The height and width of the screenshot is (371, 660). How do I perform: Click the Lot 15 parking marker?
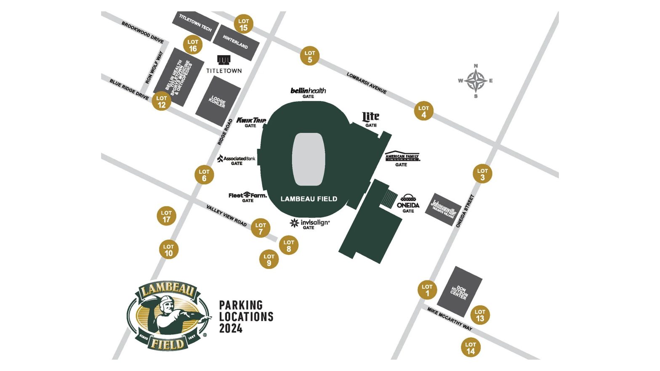[x=244, y=24]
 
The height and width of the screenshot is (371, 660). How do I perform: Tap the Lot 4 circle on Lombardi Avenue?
[x=423, y=111]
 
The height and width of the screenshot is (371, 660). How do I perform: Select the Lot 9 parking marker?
[x=269, y=260]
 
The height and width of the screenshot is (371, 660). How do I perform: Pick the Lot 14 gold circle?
[x=470, y=348]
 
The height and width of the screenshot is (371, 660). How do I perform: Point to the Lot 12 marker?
[x=162, y=101]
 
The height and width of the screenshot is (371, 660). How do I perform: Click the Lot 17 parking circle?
[x=166, y=216]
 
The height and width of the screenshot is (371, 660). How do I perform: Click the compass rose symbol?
[x=476, y=81]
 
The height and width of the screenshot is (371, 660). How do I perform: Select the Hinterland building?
[x=236, y=42]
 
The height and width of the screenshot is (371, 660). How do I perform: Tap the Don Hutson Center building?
[x=459, y=291]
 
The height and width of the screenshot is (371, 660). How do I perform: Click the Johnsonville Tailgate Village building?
[x=443, y=209]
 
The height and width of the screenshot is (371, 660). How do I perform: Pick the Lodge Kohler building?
[x=218, y=101]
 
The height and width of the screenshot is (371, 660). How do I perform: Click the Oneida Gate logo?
[x=408, y=202]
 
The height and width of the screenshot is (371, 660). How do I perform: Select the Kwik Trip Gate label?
[x=251, y=122]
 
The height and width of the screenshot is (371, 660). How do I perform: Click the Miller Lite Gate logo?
[x=370, y=118]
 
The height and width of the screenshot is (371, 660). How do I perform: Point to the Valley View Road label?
[x=226, y=216]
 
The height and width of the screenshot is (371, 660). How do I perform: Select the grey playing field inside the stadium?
[x=309, y=159]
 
